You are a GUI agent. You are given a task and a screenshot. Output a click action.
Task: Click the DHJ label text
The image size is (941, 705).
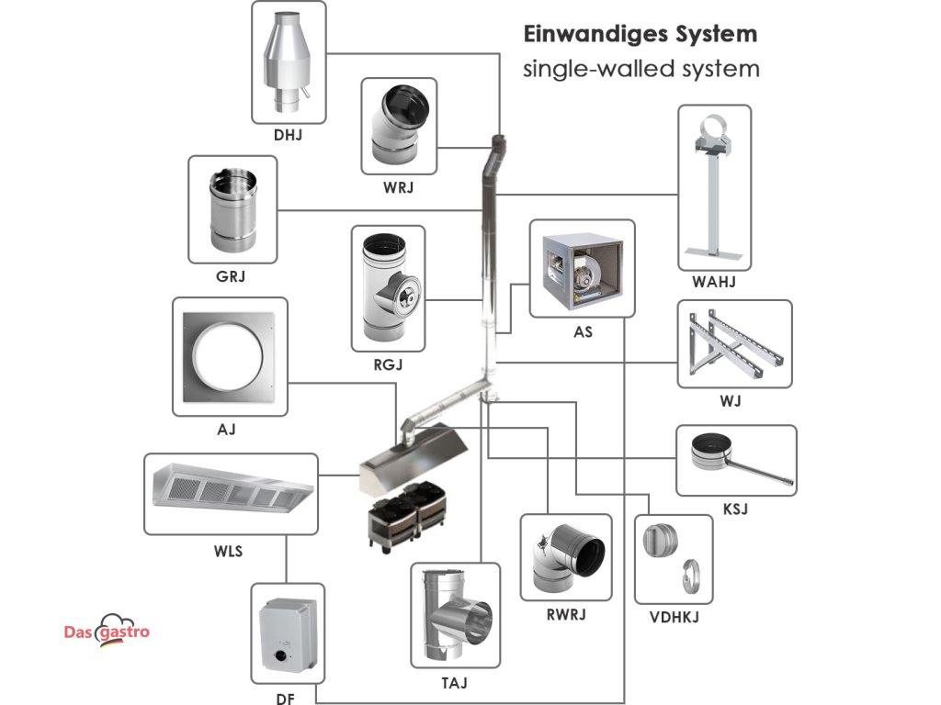(x=288, y=135)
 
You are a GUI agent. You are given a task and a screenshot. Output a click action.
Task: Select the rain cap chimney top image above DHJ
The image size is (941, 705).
(x=287, y=63)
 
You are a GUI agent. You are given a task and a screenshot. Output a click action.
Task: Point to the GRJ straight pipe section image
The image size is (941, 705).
(x=233, y=210)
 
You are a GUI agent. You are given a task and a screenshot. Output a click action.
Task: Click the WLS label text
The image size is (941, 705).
(x=228, y=551)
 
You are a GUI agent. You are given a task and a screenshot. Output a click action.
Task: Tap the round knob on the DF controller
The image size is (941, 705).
(x=279, y=655)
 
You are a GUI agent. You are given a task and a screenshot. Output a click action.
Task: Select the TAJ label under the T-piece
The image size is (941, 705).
(x=454, y=683)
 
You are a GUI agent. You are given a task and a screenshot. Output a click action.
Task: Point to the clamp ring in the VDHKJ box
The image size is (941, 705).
(x=692, y=576)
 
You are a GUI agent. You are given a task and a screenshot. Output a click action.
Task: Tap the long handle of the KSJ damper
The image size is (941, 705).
(x=759, y=468)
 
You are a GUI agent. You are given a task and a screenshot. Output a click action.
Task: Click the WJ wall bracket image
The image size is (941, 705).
(x=736, y=344)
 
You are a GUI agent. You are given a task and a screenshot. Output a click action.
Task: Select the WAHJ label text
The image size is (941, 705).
(x=713, y=282)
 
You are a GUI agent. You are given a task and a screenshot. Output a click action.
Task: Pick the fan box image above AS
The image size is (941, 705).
(x=582, y=272)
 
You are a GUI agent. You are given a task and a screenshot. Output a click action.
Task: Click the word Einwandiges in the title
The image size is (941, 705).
(x=596, y=35)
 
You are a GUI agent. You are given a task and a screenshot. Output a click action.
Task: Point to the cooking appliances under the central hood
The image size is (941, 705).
(x=407, y=515)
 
